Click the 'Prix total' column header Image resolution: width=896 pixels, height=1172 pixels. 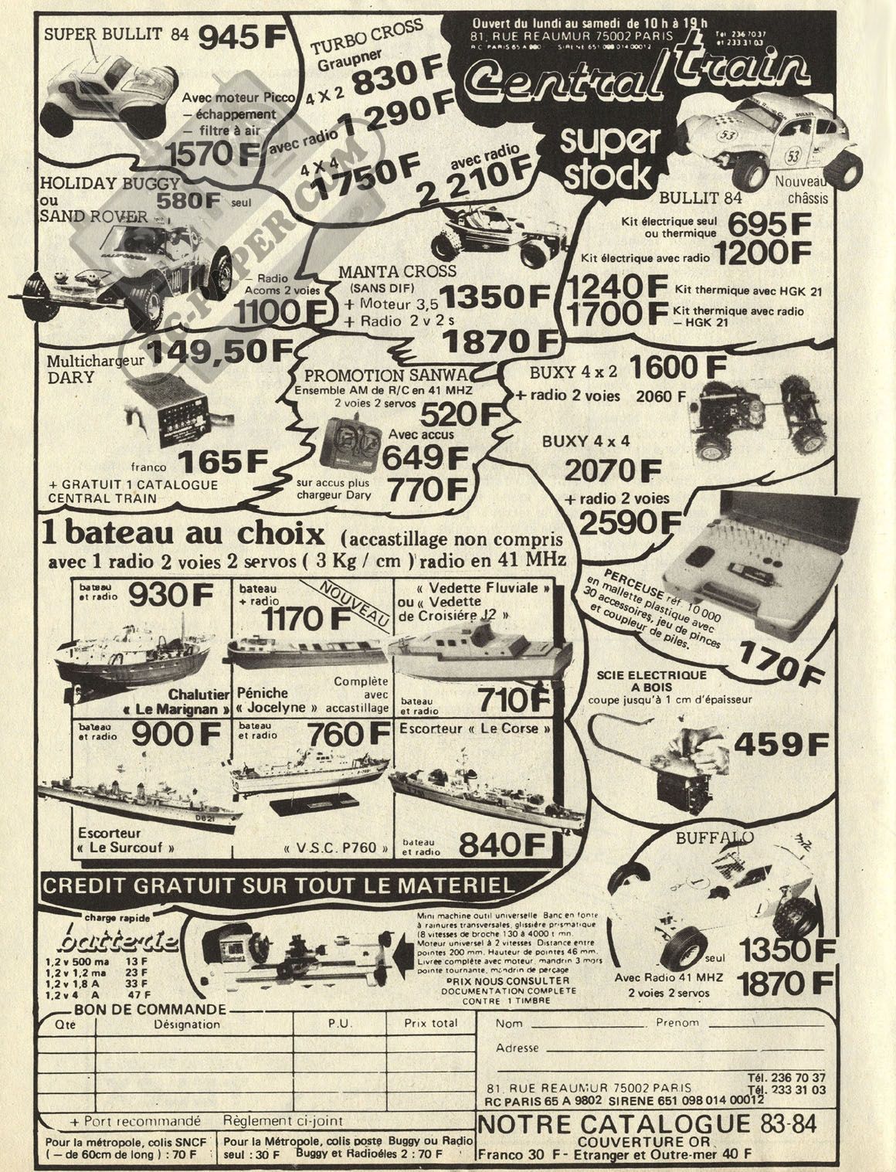pyautogui.click(x=431, y=1024)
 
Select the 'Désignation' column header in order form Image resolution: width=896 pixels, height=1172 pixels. pyautogui.click(x=187, y=1024)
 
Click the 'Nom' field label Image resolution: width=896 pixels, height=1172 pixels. pyautogui.click(x=509, y=1023)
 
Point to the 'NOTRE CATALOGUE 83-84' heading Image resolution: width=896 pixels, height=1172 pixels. pyautogui.click(x=647, y=1123)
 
